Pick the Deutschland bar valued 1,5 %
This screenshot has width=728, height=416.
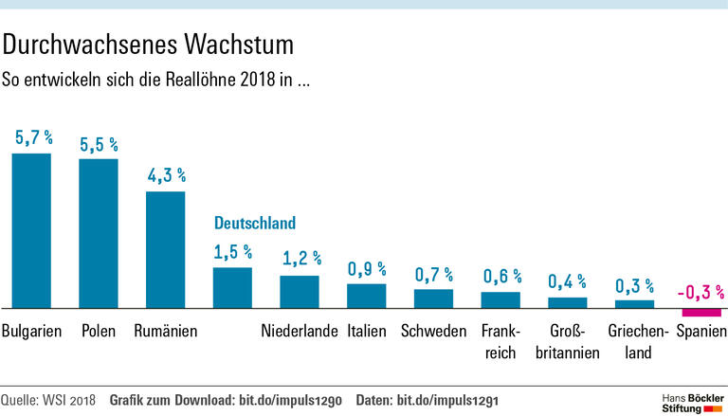(x=232, y=288)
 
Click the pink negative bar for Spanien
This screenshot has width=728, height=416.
(x=702, y=313)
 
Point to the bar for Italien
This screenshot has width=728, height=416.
(x=366, y=296)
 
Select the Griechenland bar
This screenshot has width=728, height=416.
(x=635, y=304)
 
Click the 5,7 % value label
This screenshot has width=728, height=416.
(x=33, y=137)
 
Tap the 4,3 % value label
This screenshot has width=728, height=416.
(x=167, y=175)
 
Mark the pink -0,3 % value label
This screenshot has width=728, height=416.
(x=701, y=291)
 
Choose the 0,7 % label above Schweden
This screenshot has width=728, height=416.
(x=434, y=275)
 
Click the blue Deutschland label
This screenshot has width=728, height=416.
(x=255, y=224)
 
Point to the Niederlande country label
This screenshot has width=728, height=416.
(x=300, y=332)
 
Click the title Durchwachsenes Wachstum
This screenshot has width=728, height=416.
(x=149, y=44)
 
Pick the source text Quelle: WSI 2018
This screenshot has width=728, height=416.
(x=50, y=398)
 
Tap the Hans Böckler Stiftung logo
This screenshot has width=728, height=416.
(x=691, y=399)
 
